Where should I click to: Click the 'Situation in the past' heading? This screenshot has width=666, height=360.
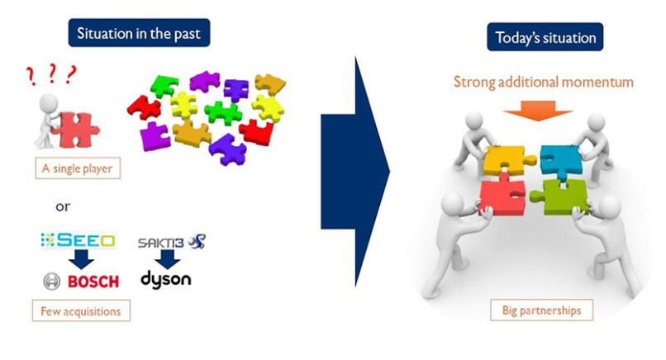[139, 33]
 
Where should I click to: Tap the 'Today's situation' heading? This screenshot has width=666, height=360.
[545, 37]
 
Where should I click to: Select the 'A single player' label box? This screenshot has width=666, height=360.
[78, 168]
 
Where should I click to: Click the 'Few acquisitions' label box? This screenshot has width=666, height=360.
[81, 310]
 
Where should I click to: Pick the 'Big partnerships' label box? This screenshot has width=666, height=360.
[541, 310]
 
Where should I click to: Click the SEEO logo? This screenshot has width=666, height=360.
[78, 241]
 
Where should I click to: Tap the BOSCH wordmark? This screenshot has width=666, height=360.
[93, 281]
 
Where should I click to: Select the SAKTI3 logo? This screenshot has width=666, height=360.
[172, 242]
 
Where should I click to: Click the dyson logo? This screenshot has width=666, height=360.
[165, 280]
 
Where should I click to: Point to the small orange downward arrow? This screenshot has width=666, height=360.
[538, 111]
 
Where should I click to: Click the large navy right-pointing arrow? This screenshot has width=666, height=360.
[355, 172]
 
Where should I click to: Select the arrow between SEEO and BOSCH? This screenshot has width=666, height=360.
[81, 259]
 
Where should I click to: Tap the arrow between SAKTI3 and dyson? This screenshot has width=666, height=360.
[168, 259]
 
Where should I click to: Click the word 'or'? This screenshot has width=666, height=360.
[63, 206]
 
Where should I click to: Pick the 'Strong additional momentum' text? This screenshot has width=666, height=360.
[543, 82]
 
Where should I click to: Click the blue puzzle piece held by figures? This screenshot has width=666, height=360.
[560, 161]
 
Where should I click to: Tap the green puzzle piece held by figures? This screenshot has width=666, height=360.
[561, 197]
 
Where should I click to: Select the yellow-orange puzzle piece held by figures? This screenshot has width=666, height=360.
[507, 159]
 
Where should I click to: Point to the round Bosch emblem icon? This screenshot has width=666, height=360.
[52, 281]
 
